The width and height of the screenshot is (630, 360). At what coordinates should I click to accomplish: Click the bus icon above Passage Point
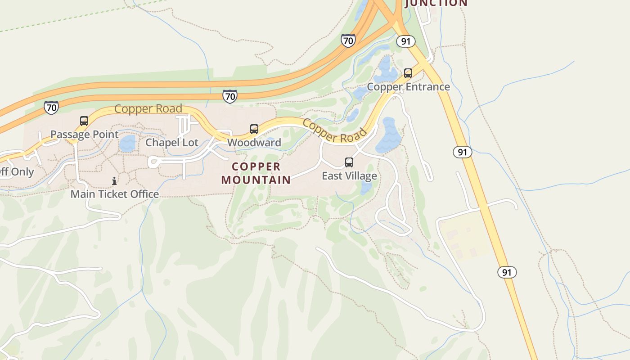click(x=84, y=121)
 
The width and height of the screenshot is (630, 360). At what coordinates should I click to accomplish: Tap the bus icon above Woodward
click(x=254, y=129)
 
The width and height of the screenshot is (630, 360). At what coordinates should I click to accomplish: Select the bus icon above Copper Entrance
click(x=408, y=73)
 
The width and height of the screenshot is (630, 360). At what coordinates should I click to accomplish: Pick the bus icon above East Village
click(x=349, y=162)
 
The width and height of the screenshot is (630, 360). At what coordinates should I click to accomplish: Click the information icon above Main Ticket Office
click(x=114, y=181)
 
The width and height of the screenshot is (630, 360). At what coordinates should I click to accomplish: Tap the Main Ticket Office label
click(x=115, y=194)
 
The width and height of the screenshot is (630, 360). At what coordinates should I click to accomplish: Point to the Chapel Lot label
click(x=172, y=143)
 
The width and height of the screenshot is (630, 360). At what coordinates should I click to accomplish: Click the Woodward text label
click(x=254, y=143)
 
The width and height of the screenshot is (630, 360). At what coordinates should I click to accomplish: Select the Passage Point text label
click(x=85, y=134)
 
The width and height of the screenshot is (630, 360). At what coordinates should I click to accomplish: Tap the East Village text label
click(x=349, y=175)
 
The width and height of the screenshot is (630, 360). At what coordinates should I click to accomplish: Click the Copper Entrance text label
click(x=408, y=86)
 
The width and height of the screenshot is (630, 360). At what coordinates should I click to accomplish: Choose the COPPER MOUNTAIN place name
click(x=256, y=173)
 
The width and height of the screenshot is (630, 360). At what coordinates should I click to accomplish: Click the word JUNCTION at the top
click(x=436, y=3)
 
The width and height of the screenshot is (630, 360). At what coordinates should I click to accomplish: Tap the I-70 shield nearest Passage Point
click(x=51, y=108)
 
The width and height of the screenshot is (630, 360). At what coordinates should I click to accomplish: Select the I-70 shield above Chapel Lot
click(x=230, y=96)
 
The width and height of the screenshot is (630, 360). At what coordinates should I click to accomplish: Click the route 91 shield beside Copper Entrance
click(x=405, y=41)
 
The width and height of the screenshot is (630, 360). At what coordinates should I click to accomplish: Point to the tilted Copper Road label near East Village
click(x=335, y=130)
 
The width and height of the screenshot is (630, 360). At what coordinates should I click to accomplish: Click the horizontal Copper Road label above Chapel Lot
click(x=148, y=109)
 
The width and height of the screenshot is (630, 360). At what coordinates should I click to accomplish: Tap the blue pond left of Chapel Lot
click(x=127, y=144)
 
